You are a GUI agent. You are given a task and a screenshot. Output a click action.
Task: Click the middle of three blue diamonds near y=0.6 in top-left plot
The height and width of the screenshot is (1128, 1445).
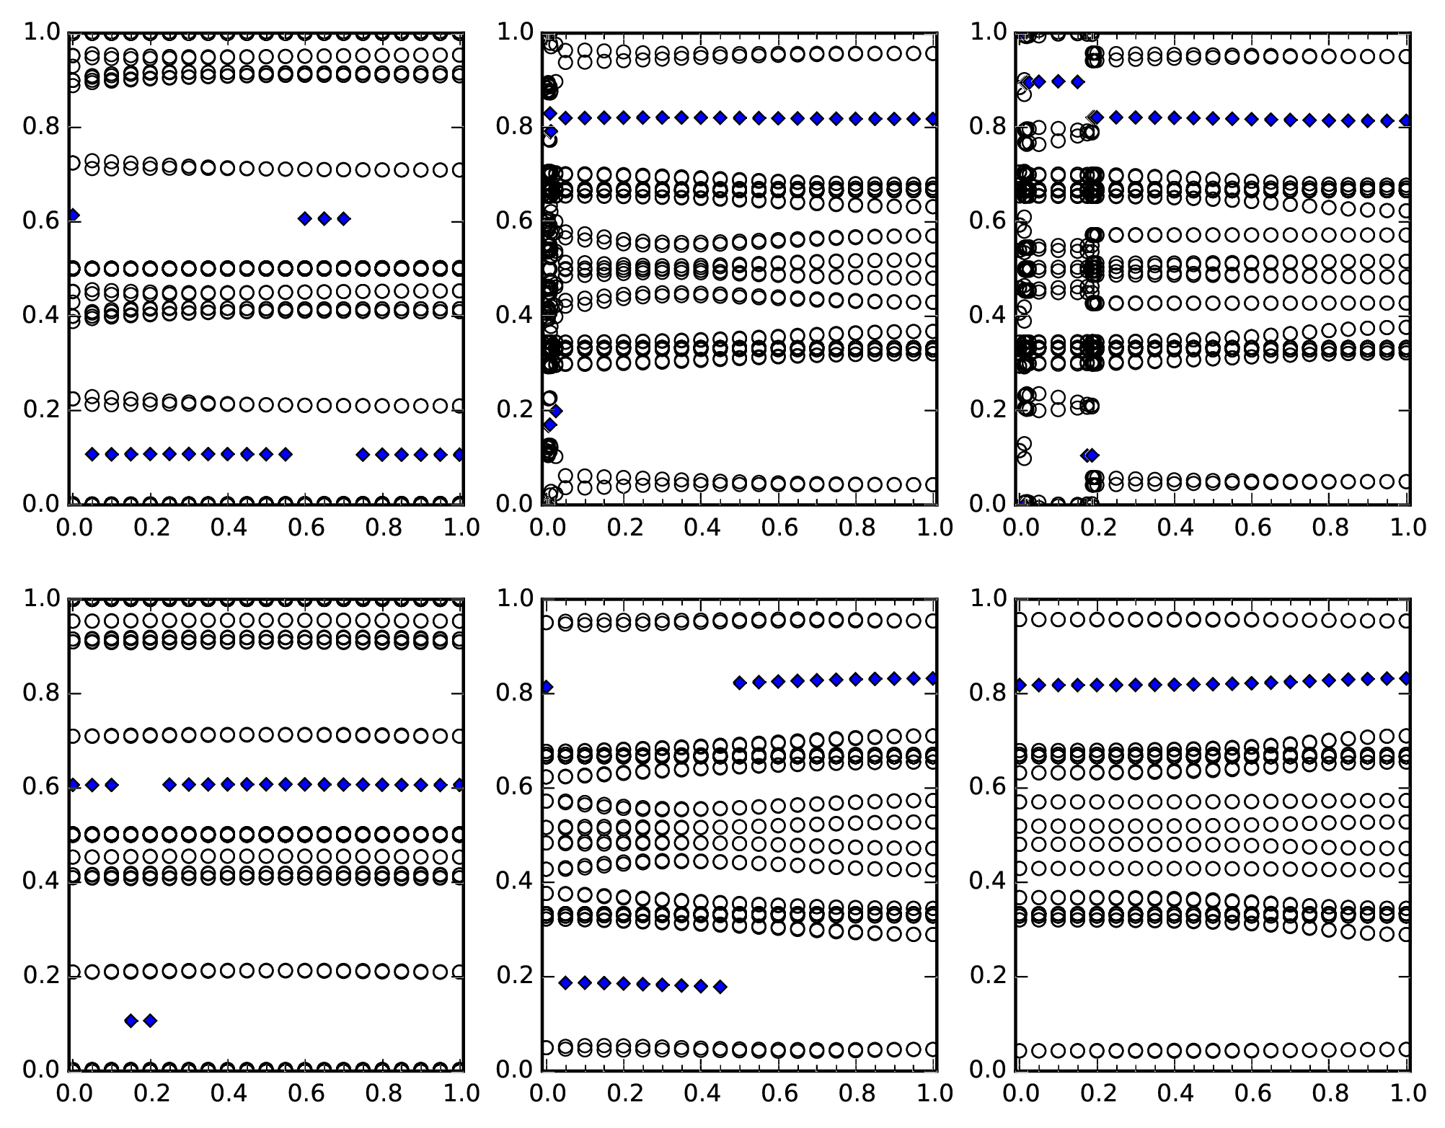[x=324, y=218]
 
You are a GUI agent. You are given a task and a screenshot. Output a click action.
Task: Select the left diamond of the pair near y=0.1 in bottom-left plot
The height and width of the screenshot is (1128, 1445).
[x=131, y=1020]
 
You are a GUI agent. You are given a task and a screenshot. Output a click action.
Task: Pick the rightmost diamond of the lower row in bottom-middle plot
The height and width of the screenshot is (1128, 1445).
[x=720, y=987]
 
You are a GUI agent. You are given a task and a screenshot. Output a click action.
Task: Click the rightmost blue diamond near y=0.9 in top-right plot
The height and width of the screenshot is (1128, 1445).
[x=1077, y=81]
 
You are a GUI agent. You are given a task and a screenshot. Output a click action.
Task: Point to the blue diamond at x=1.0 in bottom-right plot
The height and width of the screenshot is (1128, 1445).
[x=1405, y=678]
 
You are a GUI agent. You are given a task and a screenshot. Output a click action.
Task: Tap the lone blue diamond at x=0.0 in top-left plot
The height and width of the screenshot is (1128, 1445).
[x=72, y=215]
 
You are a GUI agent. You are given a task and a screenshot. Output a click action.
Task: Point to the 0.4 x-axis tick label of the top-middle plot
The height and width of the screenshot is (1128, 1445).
[x=702, y=527]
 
